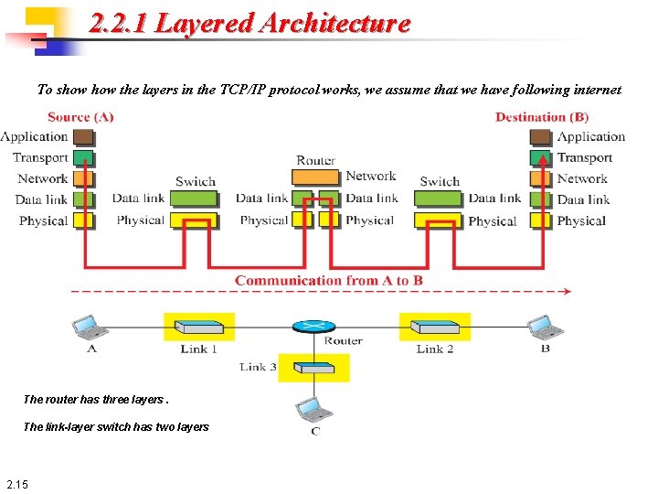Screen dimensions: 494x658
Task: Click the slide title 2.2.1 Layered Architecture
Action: [x=249, y=24]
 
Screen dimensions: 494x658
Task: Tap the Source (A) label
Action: [x=80, y=117]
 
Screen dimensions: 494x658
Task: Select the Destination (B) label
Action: [x=541, y=117]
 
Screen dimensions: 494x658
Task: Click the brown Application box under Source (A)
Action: [x=83, y=137]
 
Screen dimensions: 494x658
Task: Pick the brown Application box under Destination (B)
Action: [x=541, y=137]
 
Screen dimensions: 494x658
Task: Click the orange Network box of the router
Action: [x=316, y=177]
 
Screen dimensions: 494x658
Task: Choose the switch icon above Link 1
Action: [x=198, y=327]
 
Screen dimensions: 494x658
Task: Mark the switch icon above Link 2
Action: [x=434, y=327]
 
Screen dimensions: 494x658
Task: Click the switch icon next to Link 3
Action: [x=313, y=367]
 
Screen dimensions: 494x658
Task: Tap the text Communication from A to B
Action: [x=328, y=280]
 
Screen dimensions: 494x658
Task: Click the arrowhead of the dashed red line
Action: [x=567, y=292]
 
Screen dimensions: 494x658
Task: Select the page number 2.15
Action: [x=17, y=484]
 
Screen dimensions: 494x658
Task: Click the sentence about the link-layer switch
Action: [x=116, y=426]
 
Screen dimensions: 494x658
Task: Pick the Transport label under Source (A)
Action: [x=40, y=158]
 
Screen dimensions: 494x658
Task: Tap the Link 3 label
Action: [x=258, y=367]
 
